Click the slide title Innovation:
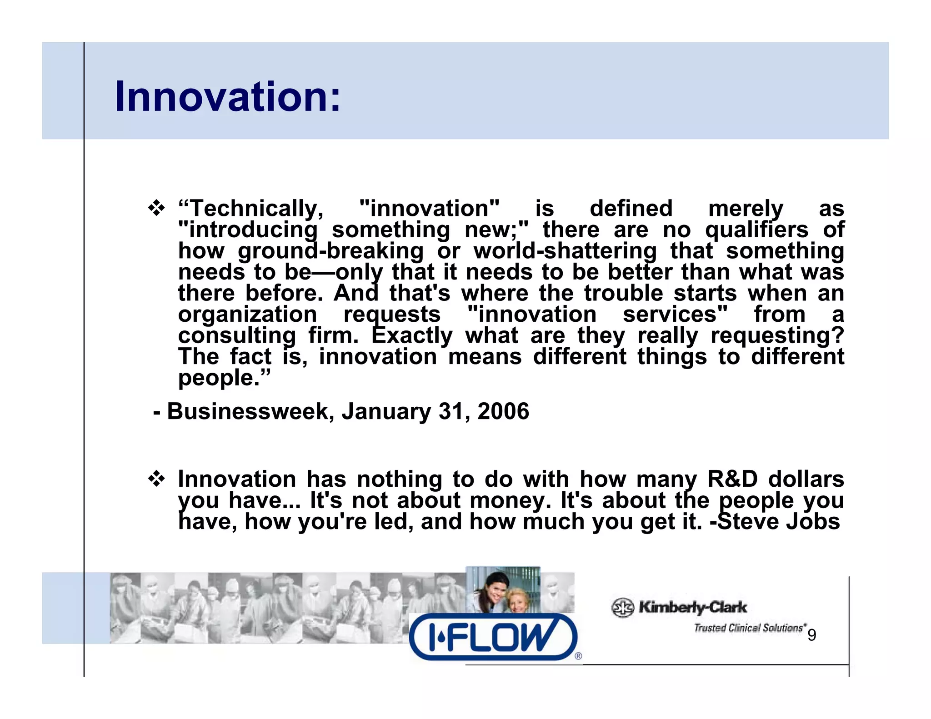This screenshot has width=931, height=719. coord(227,96)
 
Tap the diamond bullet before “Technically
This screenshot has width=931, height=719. coord(157,209)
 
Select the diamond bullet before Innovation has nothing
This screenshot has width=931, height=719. coord(157,479)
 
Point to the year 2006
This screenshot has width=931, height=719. coord(503,411)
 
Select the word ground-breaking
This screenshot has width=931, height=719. coord(330,251)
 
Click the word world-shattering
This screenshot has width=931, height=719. coord(565,251)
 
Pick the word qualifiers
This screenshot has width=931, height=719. coord(757,230)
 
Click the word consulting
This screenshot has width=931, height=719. coord(237,336)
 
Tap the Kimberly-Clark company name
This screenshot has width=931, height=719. coord(692,607)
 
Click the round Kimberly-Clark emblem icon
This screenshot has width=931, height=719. coord(622,608)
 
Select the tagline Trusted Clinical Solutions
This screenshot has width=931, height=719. coord(749,628)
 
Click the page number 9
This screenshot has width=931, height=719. coord(811,635)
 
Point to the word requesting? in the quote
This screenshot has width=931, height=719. coord(777,336)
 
